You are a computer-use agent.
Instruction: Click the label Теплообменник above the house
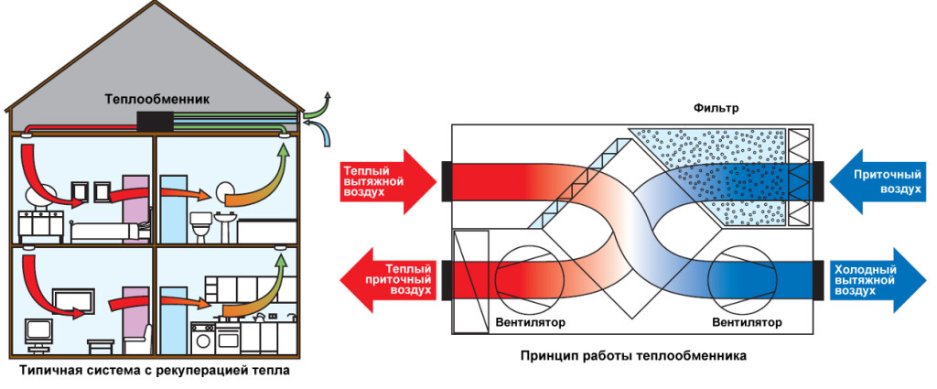156,99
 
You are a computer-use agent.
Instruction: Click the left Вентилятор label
530,323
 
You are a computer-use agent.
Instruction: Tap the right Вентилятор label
748,323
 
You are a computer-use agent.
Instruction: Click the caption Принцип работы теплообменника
631,353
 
